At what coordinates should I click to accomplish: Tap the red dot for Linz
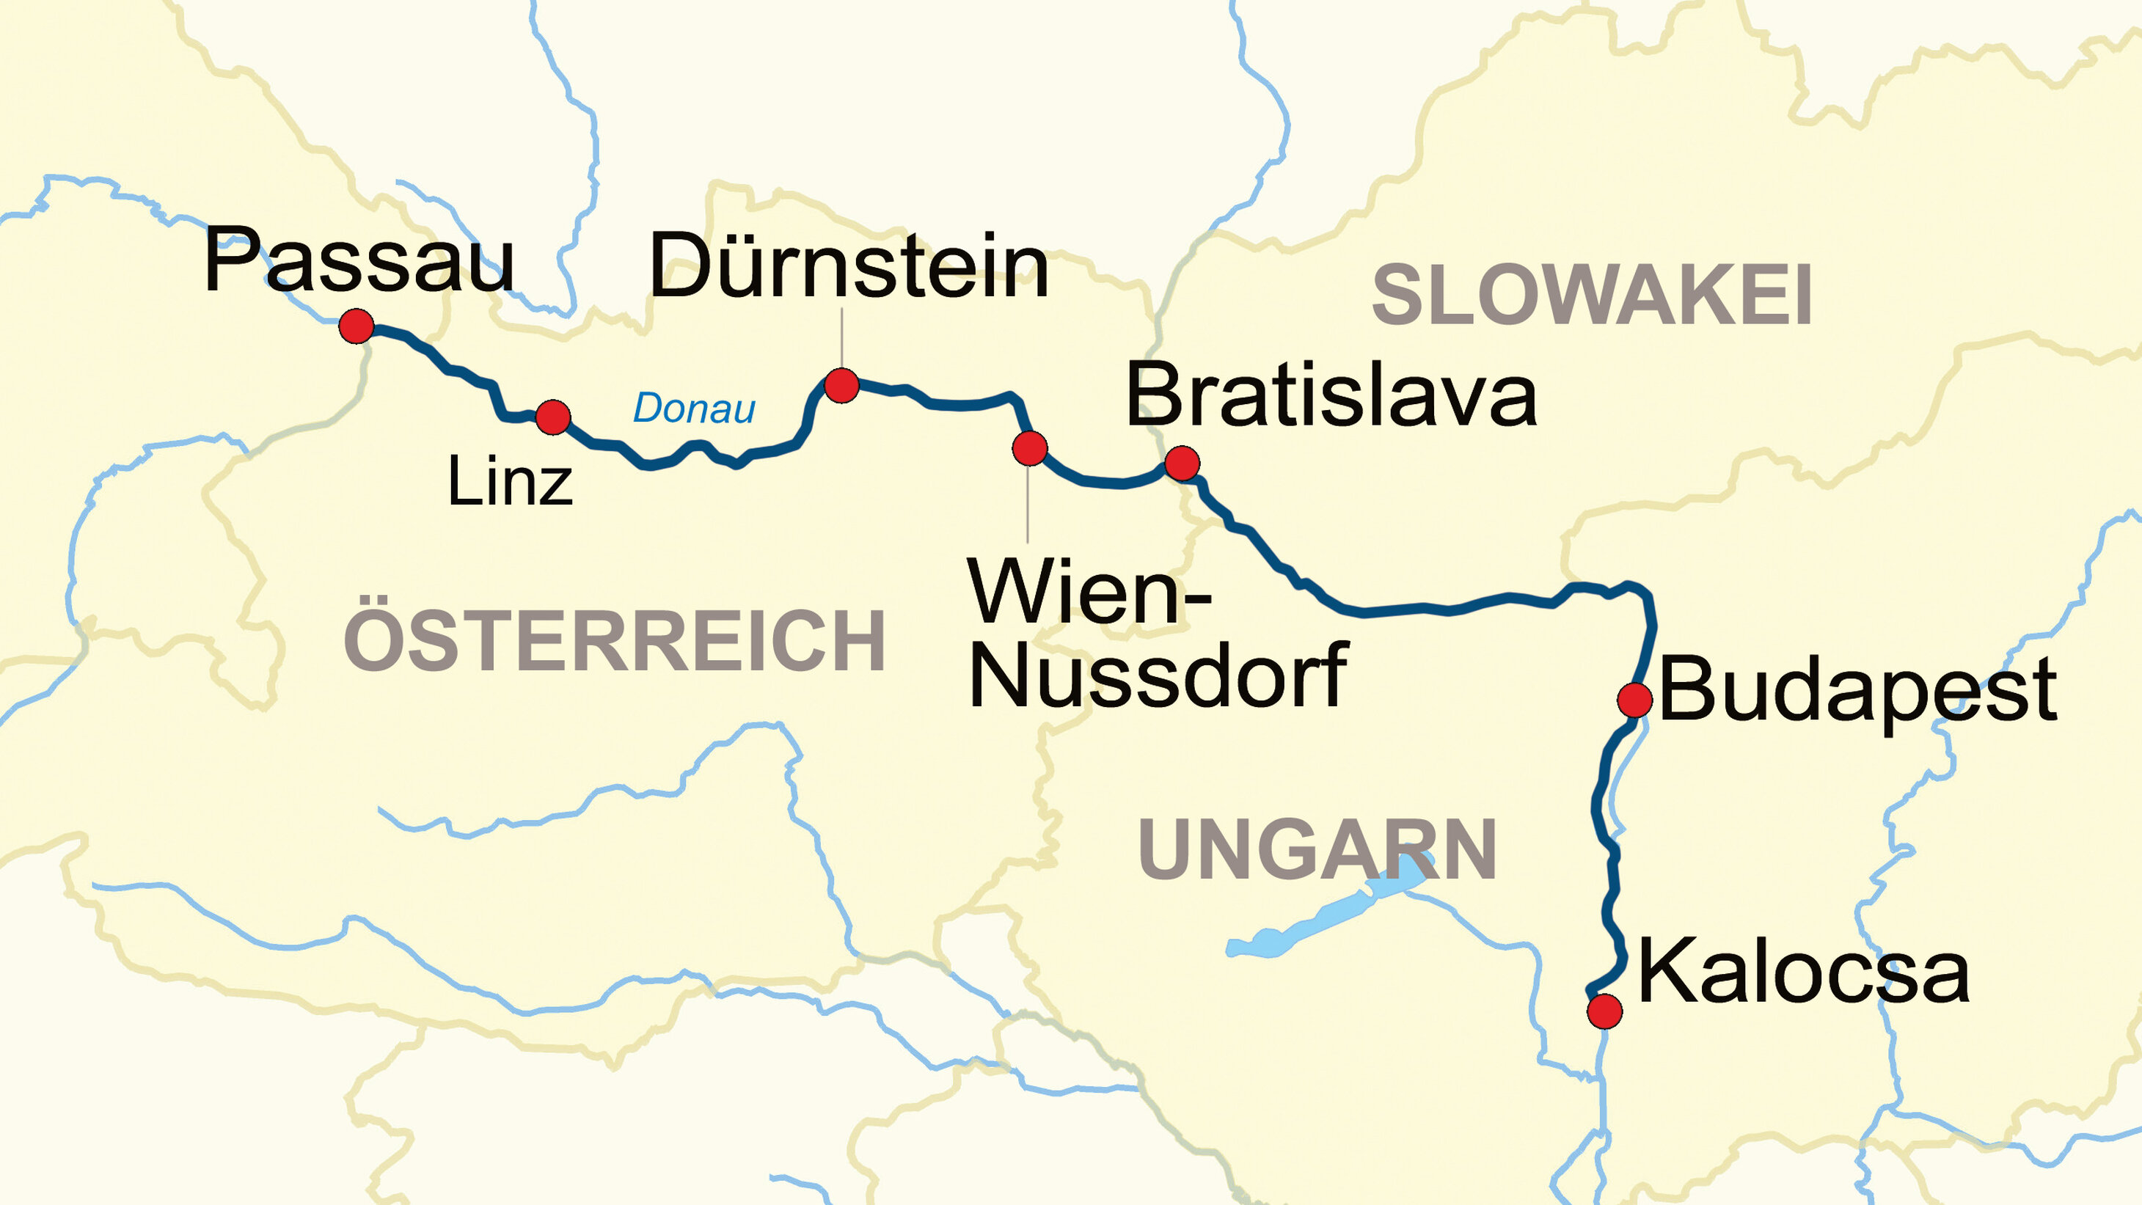click(553, 417)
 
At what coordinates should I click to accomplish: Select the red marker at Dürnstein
click(841, 386)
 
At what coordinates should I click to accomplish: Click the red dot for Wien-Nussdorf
click(1029, 448)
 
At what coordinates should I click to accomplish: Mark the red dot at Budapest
click(1634, 700)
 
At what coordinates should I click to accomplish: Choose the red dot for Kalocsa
click(1604, 1011)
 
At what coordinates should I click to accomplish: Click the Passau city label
click(359, 261)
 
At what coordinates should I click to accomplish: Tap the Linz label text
click(510, 482)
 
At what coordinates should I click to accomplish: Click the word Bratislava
click(1331, 397)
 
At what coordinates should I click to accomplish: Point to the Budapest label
click(1857, 690)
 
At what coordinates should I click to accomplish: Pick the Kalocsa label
click(1803, 971)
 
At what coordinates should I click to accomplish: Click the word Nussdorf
click(1158, 675)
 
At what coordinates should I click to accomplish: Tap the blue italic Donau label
click(695, 409)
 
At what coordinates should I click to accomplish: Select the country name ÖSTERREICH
click(614, 640)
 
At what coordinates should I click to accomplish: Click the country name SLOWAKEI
click(1592, 296)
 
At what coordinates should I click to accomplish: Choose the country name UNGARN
click(1317, 850)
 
